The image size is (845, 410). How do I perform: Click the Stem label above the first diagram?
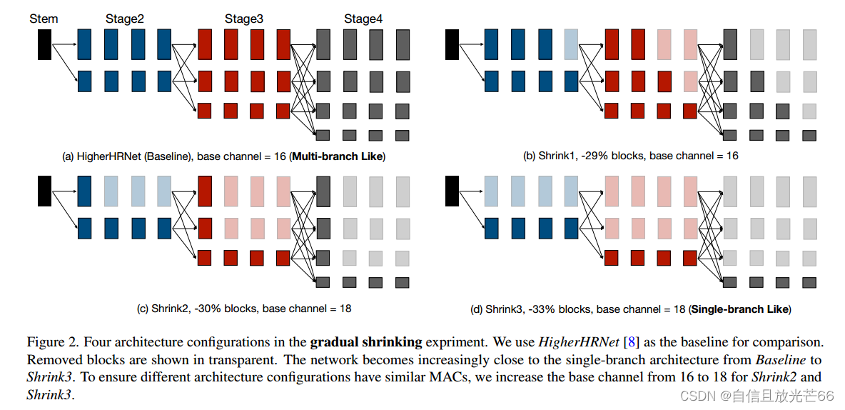click(43, 19)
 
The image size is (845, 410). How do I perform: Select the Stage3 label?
click(244, 19)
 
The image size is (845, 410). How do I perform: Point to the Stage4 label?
click(363, 19)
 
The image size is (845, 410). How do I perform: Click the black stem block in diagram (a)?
click(44, 44)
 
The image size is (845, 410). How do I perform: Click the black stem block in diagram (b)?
click(452, 44)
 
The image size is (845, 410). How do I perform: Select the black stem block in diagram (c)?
click(44, 191)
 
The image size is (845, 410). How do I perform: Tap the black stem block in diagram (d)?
click(452, 191)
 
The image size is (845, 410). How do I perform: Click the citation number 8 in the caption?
click(631, 343)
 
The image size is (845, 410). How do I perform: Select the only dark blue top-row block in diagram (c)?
click(84, 191)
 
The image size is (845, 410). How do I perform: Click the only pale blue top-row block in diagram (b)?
click(571, 44)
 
